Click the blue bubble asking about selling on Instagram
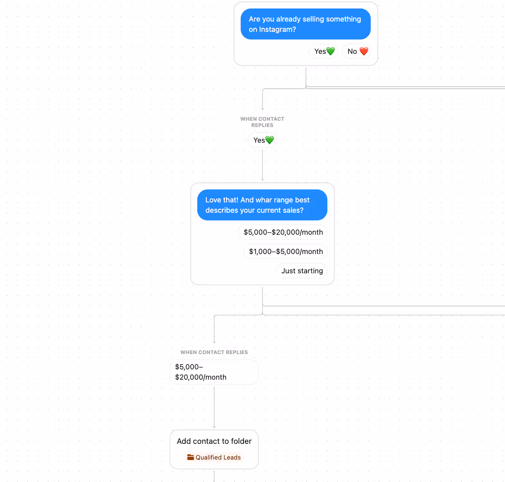305,24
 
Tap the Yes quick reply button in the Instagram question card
323,51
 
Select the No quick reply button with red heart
357,51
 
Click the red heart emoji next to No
364,51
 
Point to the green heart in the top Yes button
331,51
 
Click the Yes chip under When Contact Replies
262,140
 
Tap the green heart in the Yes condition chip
270,140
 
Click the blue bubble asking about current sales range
262,205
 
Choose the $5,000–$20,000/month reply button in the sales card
283,232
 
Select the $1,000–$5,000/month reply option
286,251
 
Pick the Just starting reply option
302,271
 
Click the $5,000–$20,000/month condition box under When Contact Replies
214,372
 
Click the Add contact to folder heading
214,441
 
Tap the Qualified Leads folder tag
214,457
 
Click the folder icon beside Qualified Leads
191,457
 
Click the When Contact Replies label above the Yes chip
262,122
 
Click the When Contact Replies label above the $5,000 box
214,352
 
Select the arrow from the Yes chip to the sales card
262,165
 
